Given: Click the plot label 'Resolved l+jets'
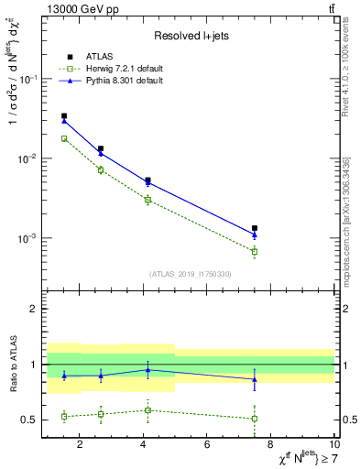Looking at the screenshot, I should point(190,36).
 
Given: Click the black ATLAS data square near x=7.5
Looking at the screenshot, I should point(255,228).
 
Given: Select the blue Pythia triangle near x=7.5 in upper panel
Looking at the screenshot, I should point(255,234).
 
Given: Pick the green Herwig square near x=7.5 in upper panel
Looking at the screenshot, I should point(255,251).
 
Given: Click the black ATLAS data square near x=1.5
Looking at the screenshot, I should point(63,116).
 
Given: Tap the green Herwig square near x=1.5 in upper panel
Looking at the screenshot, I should point(63,138).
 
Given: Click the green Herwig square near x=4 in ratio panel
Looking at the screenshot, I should point(148,409).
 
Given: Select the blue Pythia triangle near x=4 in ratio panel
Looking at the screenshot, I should point(148,370).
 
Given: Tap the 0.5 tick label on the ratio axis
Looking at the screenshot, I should point(31,420).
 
